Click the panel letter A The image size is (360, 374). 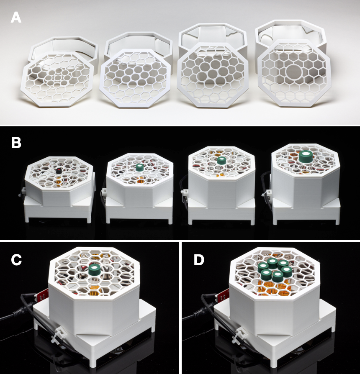click(16, 18)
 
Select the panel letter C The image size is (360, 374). click(16, 260)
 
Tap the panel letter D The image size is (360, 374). click(199, 260)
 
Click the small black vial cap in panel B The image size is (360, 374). click(58, 171)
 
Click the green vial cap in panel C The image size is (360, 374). click(95, 271)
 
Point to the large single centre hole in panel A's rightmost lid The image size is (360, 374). click(294, 71)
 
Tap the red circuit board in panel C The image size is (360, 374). click(43, 296)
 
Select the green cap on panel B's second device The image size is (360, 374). click(139, 167)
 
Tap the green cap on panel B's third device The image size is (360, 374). click(221, 160)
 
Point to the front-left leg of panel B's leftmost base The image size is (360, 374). click(27, 219)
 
